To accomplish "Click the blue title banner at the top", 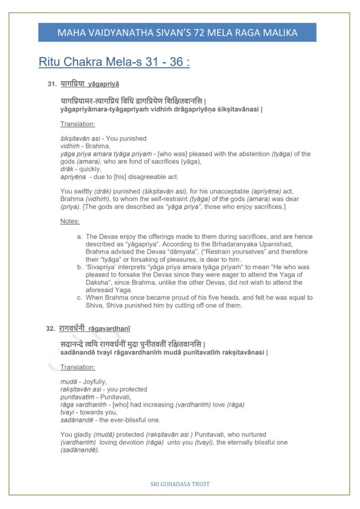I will [x=177, y=33].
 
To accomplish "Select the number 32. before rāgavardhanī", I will [x=50, y=329].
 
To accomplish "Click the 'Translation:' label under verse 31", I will [x=78, y=124].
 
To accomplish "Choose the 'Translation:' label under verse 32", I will [x=78, y=367].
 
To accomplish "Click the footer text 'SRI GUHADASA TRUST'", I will [x=180, y=484].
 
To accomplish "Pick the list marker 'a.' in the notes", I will [x=80, y=237].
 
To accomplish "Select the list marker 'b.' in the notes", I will [x=80, y=267].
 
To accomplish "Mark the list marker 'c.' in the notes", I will [x=80, y=298].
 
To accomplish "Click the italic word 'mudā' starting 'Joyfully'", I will [x=67, y=382].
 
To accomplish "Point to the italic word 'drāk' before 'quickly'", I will [x=66, y=169].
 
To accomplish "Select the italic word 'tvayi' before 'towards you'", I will [x=67, y=412].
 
